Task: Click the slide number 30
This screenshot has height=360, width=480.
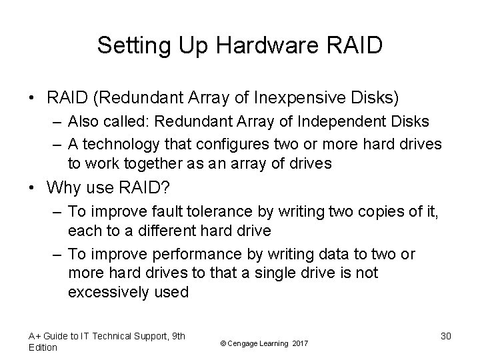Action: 445,336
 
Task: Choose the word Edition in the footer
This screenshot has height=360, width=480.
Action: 43,347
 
